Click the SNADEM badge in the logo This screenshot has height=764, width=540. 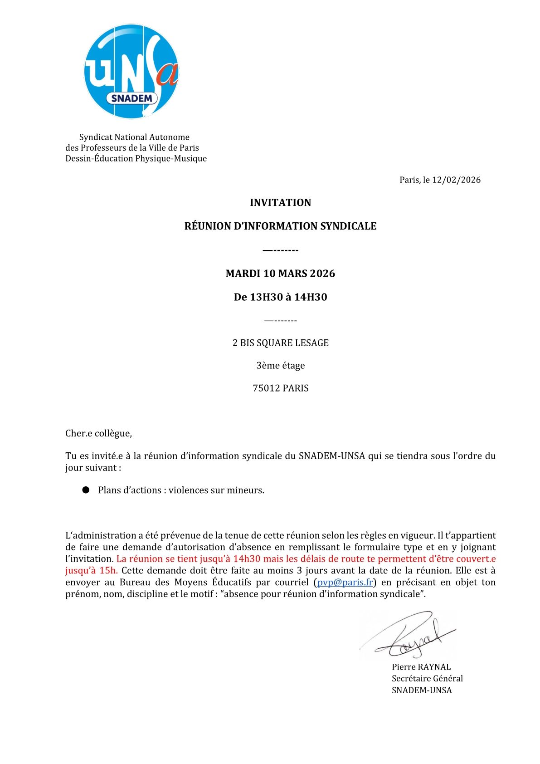(x=132, y=98)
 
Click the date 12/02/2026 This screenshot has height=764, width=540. (x=456, y=180)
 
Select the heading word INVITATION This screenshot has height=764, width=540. (x=280, y=202)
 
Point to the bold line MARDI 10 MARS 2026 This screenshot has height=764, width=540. (x=280, y=273)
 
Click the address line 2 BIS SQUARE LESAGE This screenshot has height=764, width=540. (x=280, y=343)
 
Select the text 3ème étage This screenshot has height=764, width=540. (x=280, y=365)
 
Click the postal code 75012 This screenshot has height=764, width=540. (x=266, y=388)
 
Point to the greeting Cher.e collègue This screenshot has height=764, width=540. (x=98, y=433)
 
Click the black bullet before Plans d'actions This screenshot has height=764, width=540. (x=86, y=490)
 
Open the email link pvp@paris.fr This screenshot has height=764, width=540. (x=345, y=582)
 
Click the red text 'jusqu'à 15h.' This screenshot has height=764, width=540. (x=91, y=570)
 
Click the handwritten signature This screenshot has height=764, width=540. (x=408, y=635)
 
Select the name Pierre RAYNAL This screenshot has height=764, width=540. (x=421, y=666)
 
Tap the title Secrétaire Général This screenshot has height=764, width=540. (x=427, y=678)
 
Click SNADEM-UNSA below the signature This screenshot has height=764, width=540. (x=422, y=690)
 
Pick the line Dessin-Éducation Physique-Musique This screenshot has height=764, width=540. (x=136, y=158)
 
